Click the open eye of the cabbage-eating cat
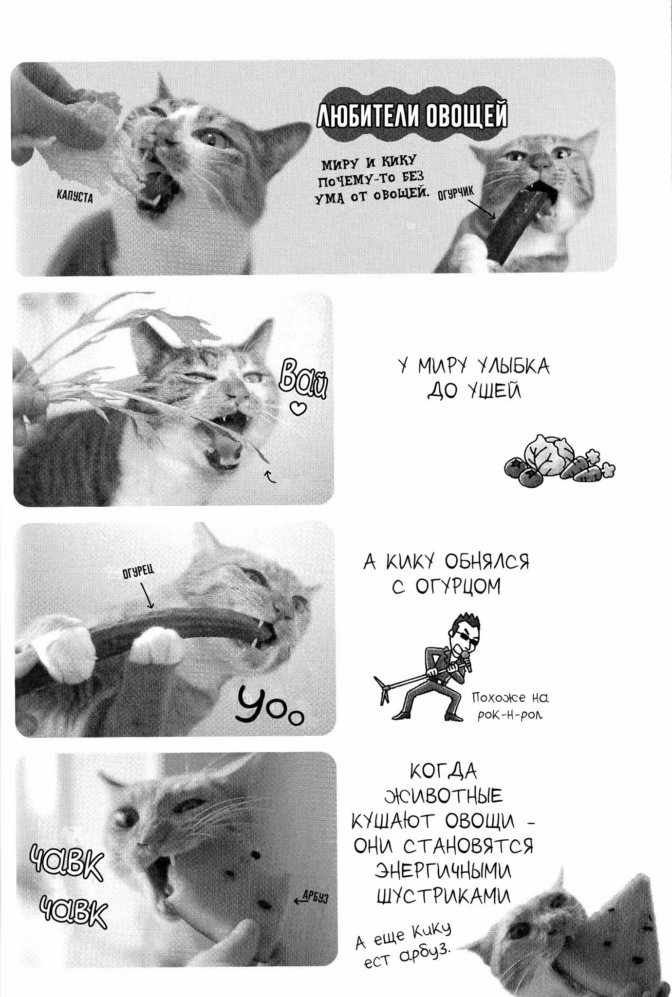pyautogui.click(x=213, y=138)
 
